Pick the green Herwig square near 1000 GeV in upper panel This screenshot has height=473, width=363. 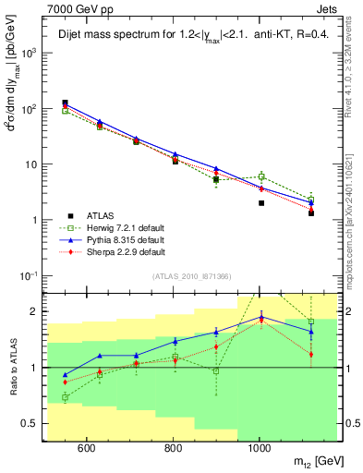coord(261,176)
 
